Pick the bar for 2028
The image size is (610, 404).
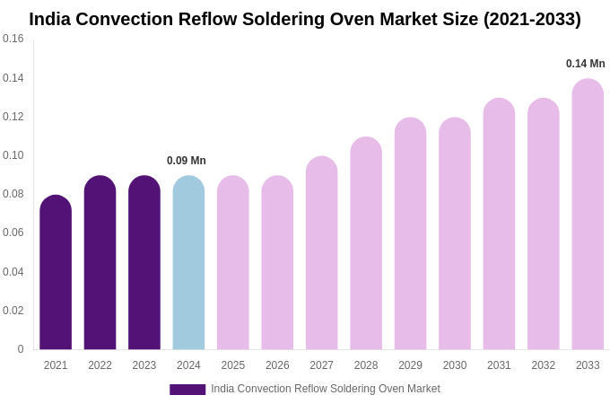coord(366,243)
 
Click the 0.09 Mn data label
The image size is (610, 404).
coord(187,161)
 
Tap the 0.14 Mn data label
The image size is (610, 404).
coord(585,64)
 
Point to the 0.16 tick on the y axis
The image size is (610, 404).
coord(13,39)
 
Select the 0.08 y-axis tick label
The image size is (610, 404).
coord(13,194)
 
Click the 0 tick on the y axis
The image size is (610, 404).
coord(20,349)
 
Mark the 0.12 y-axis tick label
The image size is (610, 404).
coord(13,117)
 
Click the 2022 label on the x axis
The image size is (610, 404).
coord(100,365)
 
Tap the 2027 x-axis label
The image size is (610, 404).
coord(321,365)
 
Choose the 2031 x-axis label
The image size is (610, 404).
coord(499,365)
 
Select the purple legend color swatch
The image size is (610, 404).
coord(187,390)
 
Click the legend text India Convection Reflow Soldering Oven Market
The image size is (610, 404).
coord(326,389)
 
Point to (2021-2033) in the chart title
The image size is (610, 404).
coord(532,19)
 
